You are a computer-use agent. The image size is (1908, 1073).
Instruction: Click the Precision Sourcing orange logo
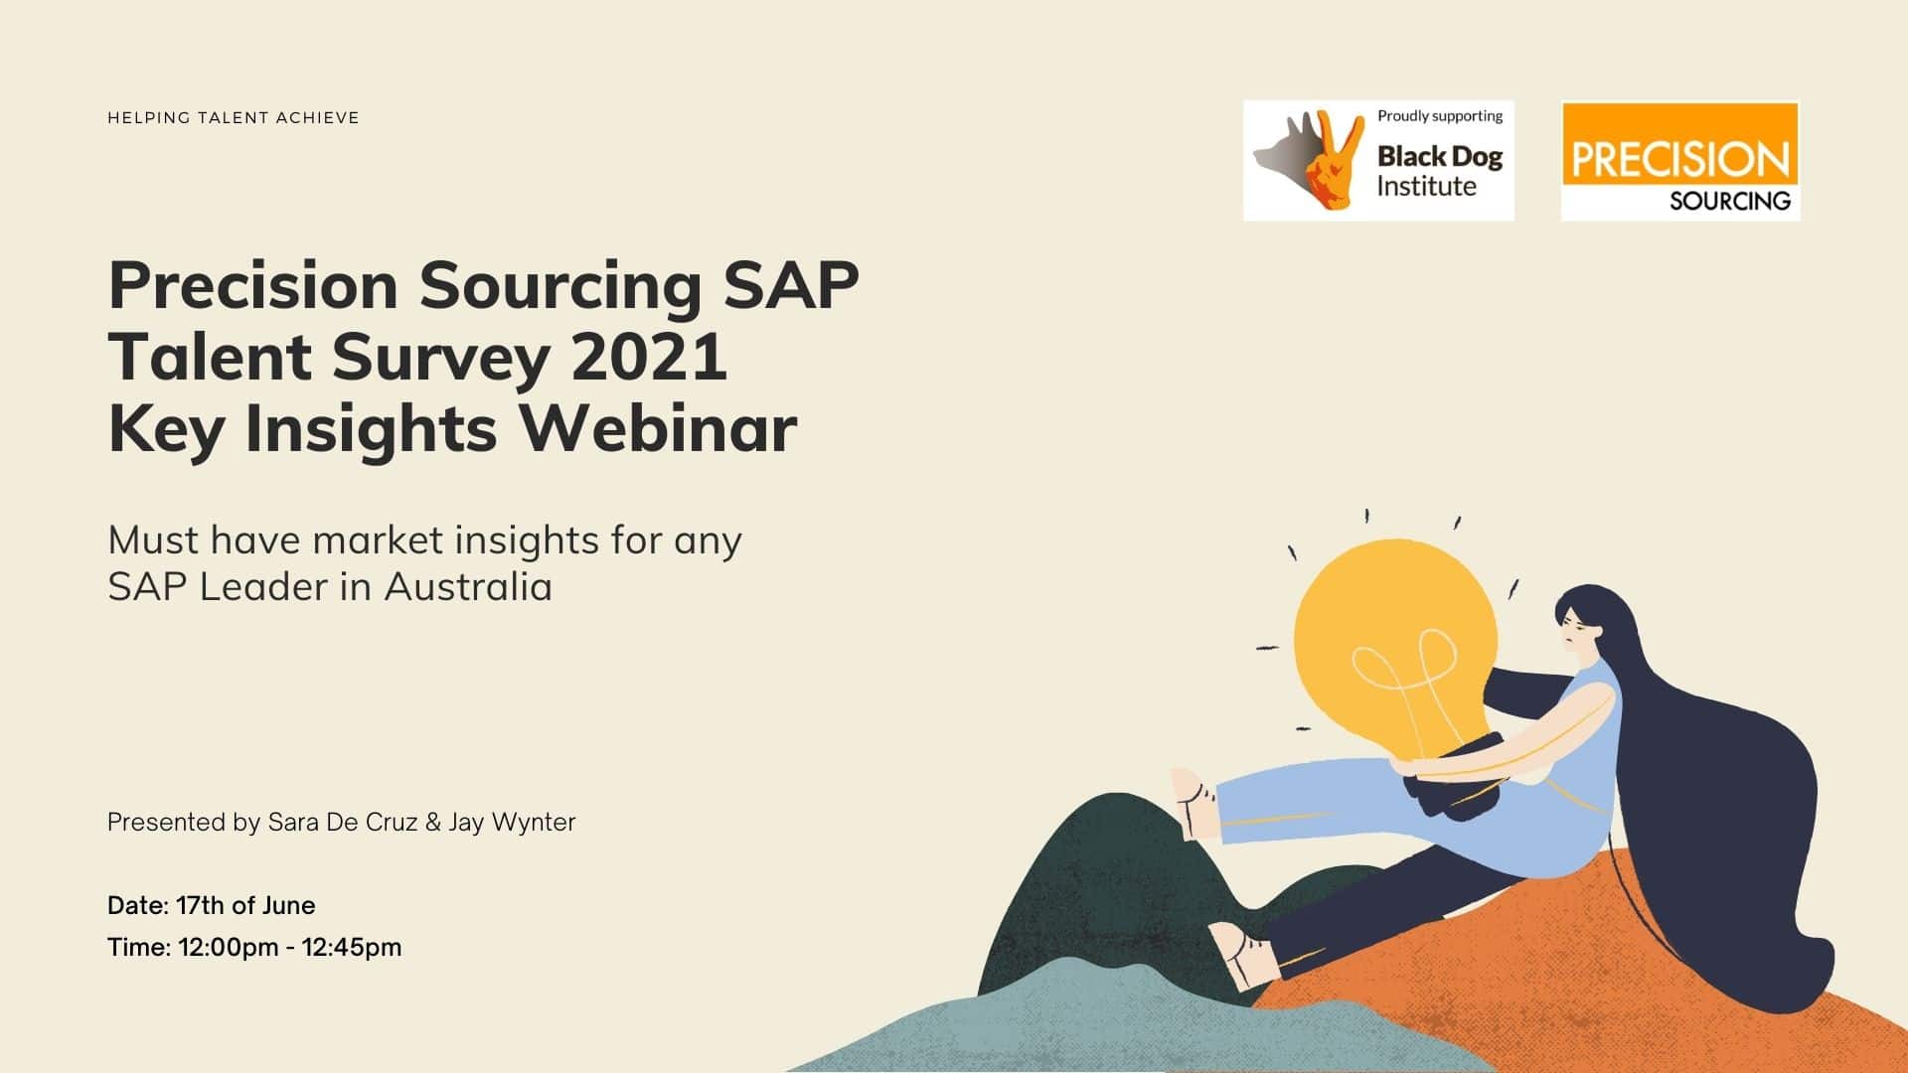click(x=1680, y=161)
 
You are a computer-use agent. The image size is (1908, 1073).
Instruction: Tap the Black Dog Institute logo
click(x=1378, y=160)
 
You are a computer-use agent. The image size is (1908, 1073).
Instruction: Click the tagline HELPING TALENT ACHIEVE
click(x=234, y=117)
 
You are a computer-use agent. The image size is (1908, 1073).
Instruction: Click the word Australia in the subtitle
click(x=468, y=586)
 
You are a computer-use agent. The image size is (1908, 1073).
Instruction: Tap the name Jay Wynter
click(x=512, y=823)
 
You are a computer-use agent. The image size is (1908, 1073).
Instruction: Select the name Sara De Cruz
click(x=343, y=823)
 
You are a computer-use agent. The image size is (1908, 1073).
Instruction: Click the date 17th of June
click(x=245, y=905)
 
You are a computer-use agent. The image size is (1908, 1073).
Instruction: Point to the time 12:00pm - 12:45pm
click(x=290, y=947)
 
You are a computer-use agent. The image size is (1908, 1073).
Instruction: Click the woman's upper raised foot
click(x=1195, y=804)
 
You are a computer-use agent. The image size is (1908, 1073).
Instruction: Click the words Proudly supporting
click(x=1440, y=116)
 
